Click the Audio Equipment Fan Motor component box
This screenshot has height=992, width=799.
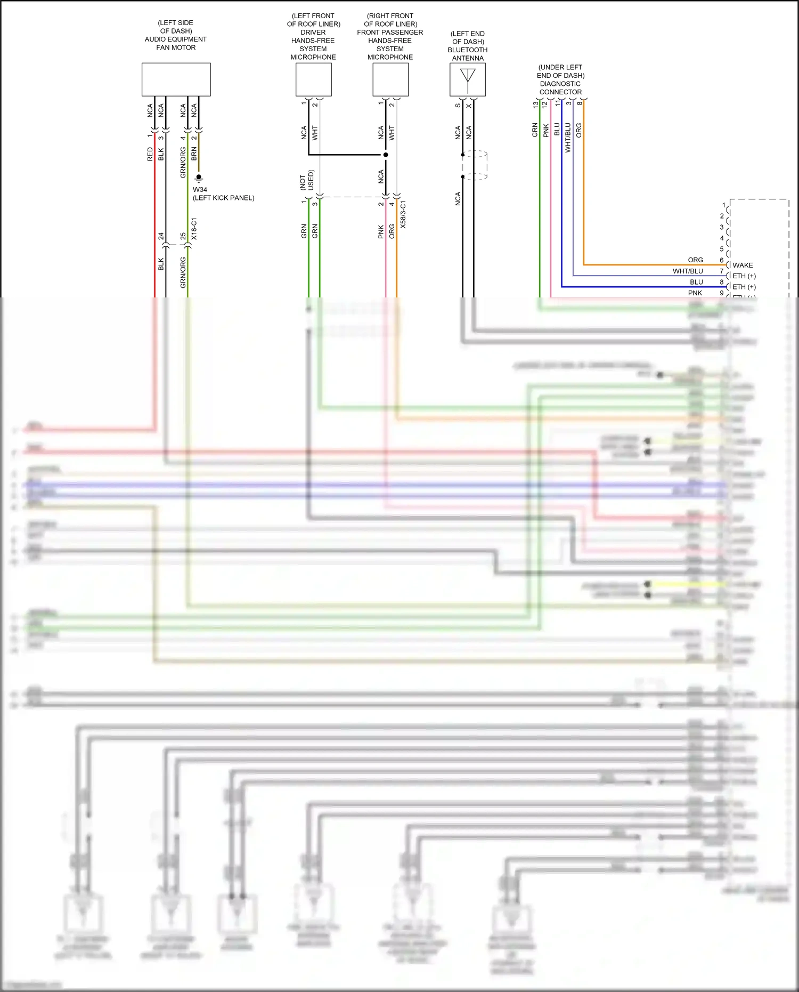tap(176, 79)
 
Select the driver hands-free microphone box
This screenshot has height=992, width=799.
tap(313, 79)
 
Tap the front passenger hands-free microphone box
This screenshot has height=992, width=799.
tap(390, 79)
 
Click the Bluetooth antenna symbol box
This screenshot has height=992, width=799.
tap(467, 79)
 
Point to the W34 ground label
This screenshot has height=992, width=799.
tap(200, 189)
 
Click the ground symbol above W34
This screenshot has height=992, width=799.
tap(199, 178)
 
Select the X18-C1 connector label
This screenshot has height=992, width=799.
tap(194, 229)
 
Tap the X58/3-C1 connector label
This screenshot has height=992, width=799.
tap(403, 215)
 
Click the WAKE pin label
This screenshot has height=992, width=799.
tap(742, 265)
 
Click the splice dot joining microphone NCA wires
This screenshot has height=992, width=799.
tap(386, 155)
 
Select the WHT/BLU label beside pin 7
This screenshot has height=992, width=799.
tap(688, 271)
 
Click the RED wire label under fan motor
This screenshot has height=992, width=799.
tap(150, 154)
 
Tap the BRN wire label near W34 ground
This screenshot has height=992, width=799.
tap(194, 154)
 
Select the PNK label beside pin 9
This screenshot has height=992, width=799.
tap(695, 293)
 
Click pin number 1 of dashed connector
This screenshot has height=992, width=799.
tap(724, 205)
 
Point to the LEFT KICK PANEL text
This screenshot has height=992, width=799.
tap(224, 198)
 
